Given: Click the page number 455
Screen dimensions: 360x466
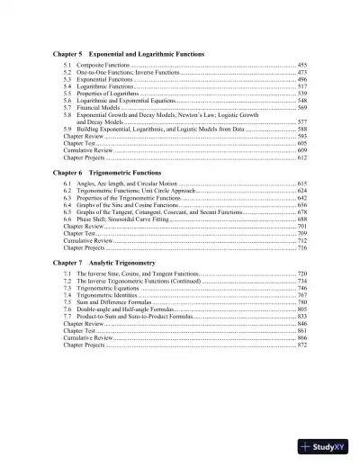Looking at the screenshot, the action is [x=301, y=67].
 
